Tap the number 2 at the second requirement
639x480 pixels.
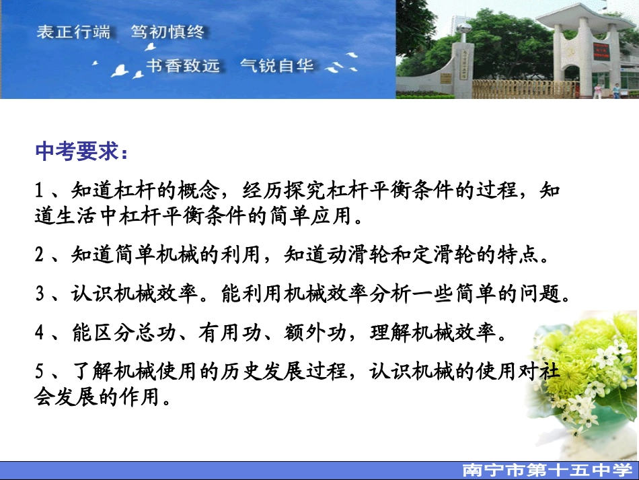[x=40, y=255]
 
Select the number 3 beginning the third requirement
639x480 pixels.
[x=40, y=294]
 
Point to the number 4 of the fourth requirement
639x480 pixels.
[x=40, y=333]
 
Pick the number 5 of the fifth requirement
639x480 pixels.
[x=40, y=372]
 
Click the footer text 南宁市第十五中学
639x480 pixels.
[x=546, y=471]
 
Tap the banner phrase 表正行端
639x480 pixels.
[x=73, y=32]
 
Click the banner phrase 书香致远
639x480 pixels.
[x=183, y=66]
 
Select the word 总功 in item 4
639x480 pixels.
[x=166, y=333]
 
